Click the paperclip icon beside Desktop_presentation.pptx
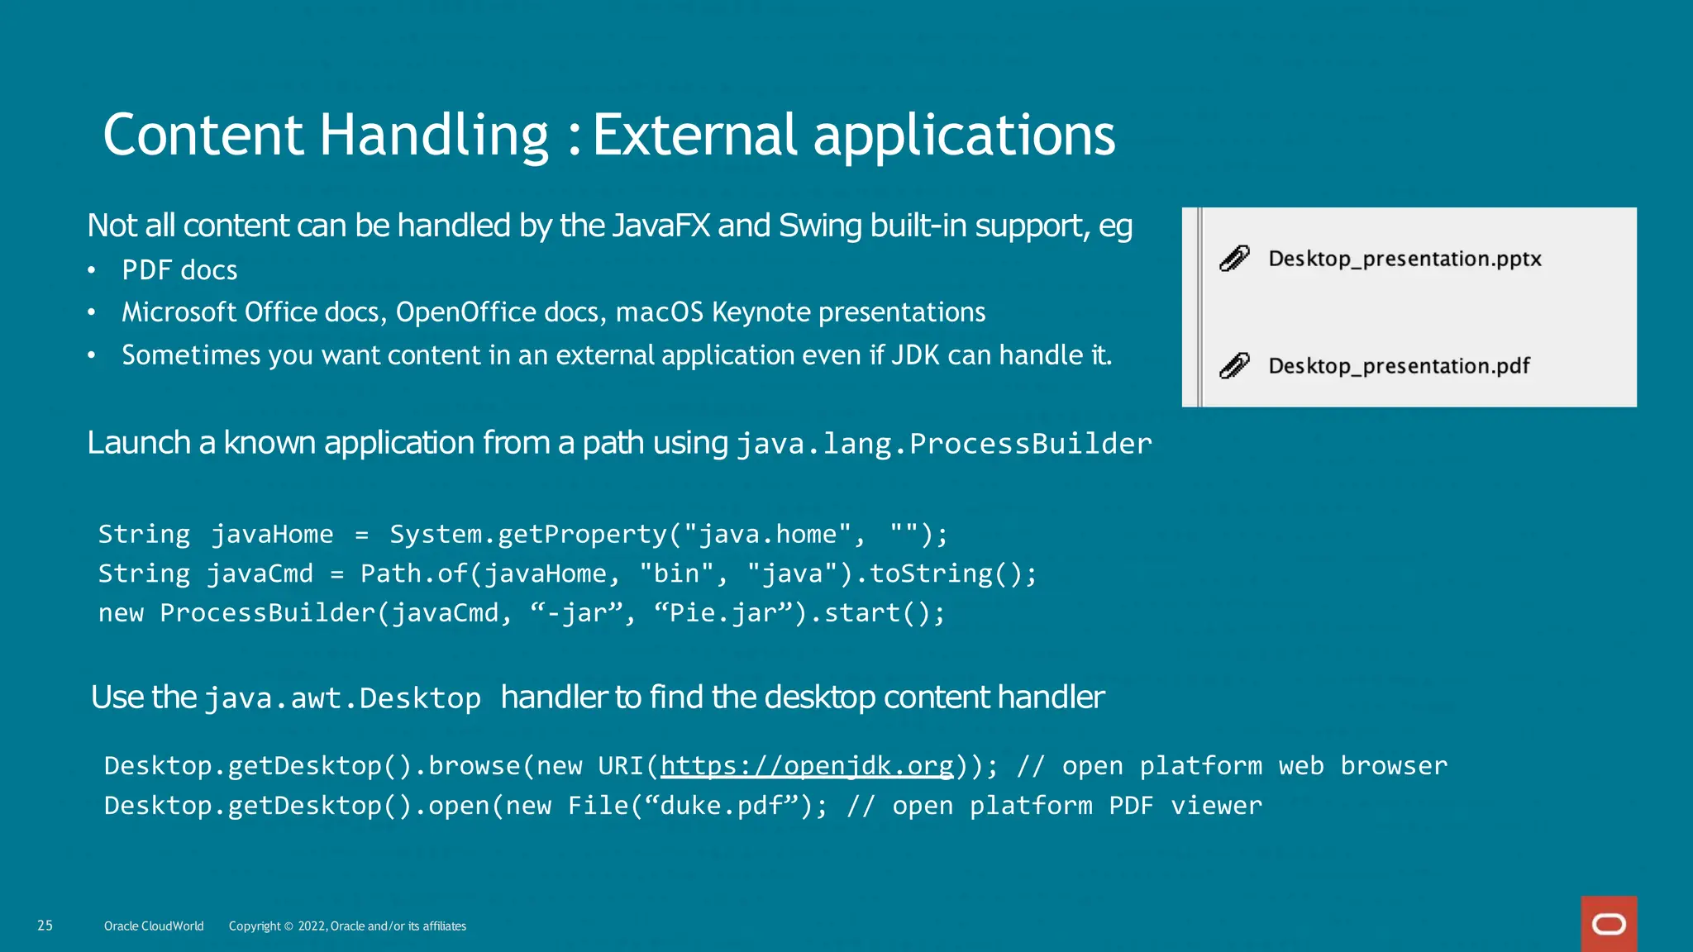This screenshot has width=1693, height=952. coord(1234,259)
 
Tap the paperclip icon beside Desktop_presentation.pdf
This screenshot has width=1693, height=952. coord(1234,365)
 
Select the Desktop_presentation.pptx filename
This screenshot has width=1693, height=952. coord(1404,259)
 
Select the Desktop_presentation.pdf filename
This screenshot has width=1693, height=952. coord(1399,365)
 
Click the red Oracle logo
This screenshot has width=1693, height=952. coord(1609,924)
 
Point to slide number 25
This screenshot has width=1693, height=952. coord(45,926)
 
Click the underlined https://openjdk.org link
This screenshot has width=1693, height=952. coord(807,766)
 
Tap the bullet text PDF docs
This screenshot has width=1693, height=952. coord(179,270)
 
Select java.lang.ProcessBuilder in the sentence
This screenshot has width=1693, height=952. coord(943,444)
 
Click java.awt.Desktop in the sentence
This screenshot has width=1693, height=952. coord(342,699)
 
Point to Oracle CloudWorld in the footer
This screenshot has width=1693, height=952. coord(154,926)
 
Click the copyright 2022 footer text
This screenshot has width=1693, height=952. coord(347,926)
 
